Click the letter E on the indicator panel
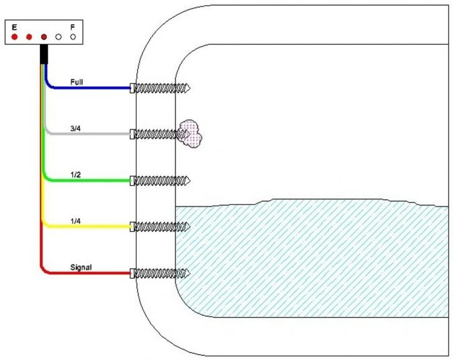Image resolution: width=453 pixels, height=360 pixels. point(14,27)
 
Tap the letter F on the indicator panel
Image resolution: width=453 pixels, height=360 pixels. point(73,27)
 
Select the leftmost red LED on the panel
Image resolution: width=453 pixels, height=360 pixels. point(14,37)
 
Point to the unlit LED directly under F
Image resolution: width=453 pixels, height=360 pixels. point(73,37)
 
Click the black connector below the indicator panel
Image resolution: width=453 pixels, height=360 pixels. point(44,54)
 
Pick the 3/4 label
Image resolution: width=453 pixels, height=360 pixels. point(75,127)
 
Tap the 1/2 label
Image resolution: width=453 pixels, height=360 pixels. point(75,175)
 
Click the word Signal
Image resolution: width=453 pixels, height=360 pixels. point(81,267)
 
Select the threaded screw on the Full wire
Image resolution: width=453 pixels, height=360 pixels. point(161,88)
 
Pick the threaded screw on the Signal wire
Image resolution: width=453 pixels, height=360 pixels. point(161,272)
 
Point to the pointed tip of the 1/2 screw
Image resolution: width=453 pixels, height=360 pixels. point(187,181)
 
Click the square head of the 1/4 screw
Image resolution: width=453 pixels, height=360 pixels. point(133,226)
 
